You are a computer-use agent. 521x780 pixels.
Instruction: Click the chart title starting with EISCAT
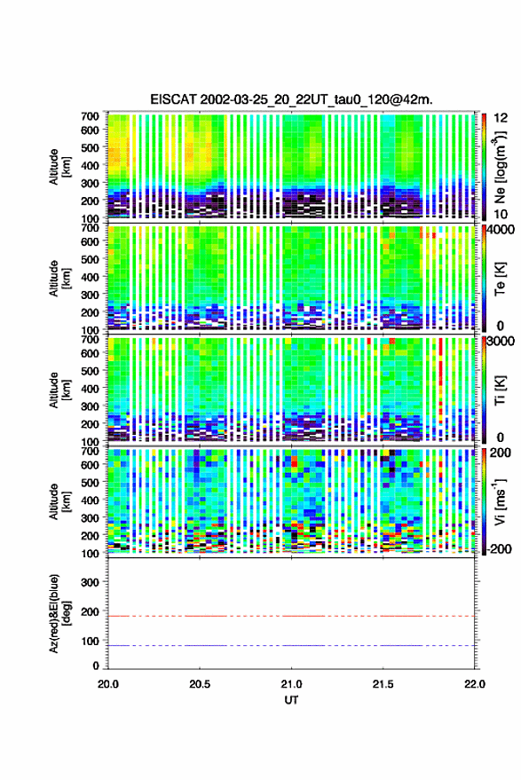tap(292, 99)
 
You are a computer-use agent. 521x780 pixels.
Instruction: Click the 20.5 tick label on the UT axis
tap(200, 684)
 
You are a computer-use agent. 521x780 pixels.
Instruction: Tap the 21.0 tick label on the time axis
tap(292, 684)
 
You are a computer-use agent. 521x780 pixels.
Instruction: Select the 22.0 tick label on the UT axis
tap(474, 684)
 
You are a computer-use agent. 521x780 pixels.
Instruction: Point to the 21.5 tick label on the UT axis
tap(383, 684)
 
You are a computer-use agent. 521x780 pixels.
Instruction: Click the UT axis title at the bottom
tap(292, 700)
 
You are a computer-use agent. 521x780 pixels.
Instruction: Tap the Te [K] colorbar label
tap(500, 280)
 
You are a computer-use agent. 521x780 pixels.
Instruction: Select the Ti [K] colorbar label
tap(500, 391)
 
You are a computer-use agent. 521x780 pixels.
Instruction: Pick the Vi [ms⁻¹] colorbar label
tap(500, 501)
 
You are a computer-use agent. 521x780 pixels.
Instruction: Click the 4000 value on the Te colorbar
tap(501, 231)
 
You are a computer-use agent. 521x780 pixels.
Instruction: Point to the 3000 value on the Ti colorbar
tap(501, 342)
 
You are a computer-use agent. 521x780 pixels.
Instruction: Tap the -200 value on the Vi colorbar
tap(498, 548)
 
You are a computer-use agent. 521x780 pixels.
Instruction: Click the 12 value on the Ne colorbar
tap(501, 118)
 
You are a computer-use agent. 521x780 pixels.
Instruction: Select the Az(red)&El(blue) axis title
tap(59, 613)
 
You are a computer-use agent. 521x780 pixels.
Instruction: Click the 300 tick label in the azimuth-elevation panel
tap(90, 582)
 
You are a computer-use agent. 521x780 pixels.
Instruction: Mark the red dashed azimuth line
tap(291, 617)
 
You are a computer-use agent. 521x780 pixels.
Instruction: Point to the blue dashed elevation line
tap(291, 646)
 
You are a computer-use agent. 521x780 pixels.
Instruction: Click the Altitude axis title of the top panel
tap(59, 167)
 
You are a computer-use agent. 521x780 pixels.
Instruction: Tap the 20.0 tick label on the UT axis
tap(108, 684)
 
